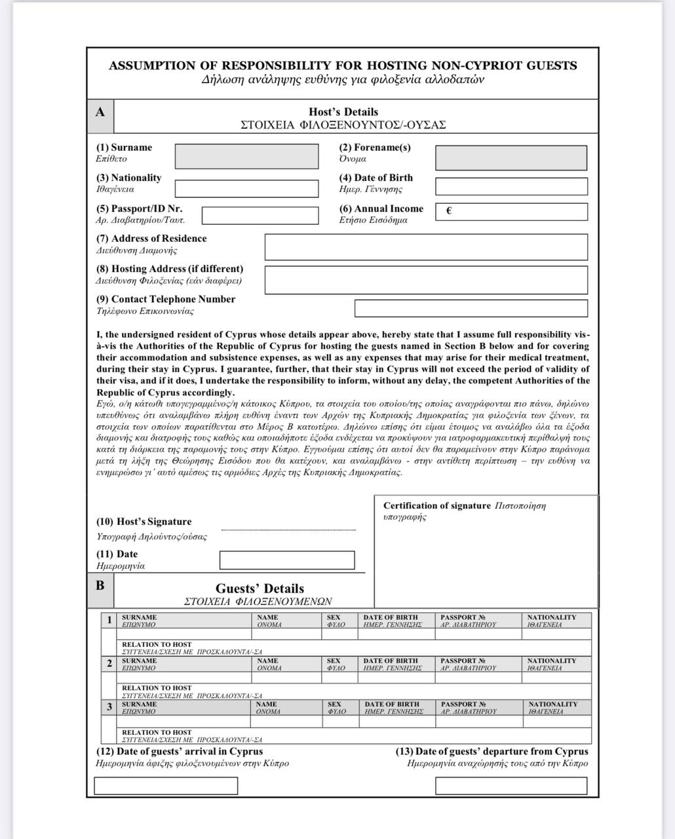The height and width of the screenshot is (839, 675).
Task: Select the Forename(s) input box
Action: [511, 158]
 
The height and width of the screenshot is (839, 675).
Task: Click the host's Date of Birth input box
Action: [511, 187]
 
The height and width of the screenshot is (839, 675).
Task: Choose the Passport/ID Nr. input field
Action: [263, 215]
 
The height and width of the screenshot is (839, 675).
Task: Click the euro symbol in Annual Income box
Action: [449, 211]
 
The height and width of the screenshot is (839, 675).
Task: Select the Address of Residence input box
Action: [426, 247]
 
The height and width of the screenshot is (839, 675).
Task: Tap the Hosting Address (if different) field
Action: [426, 279]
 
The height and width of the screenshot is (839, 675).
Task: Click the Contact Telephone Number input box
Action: [471, 308]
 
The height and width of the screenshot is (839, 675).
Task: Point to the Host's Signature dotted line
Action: [288, 530]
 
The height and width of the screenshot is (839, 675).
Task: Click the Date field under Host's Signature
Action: [287, 560]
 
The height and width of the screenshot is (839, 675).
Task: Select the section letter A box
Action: [100, 112]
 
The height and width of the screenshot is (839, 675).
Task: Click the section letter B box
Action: [100, 585]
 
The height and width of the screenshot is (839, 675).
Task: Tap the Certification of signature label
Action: [436, 506]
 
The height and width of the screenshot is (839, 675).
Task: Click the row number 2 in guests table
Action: [109, 663]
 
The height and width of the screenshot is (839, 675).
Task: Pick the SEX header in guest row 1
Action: [334, 617]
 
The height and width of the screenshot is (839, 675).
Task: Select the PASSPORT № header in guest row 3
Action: [463, 705]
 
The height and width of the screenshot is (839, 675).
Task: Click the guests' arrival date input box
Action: [166, 785]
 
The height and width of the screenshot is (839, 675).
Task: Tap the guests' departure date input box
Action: [511, 785]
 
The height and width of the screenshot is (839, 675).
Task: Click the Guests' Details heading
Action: [260, 589]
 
